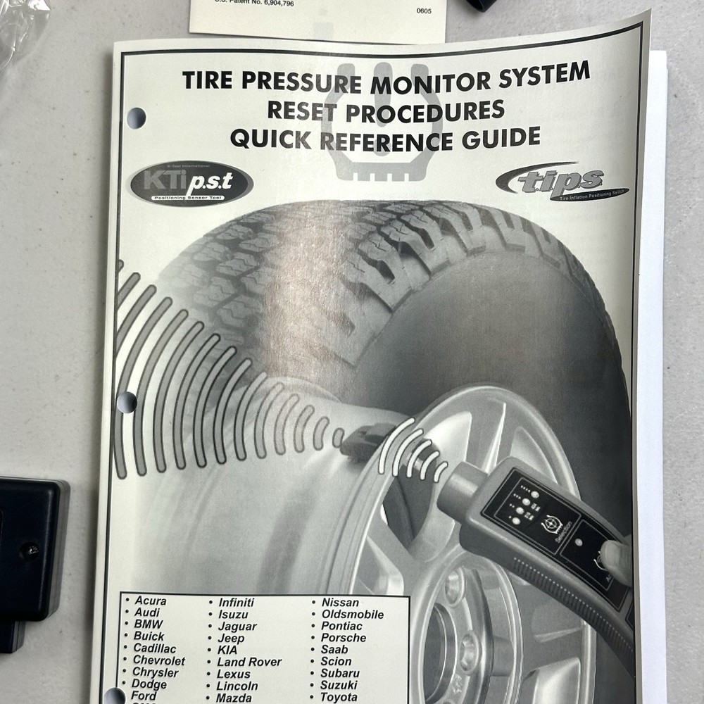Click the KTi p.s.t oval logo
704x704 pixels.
click(x=190, y=184)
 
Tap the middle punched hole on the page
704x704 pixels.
click(x=127, y=403)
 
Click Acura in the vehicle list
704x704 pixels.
click(x=150, y=601)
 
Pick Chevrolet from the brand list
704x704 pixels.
click(x=159, y=660)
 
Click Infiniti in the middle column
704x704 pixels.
click(x=236, y=603)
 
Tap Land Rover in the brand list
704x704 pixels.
click(x=249, y=662)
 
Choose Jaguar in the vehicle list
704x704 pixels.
click(x=237, y=627)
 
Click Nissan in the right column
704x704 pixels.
click(x=340, y=603)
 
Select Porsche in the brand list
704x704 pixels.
click(x=344, y=638)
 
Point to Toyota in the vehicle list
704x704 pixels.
click(x=339, y=697)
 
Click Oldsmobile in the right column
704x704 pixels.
click(x=352, y=615)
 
